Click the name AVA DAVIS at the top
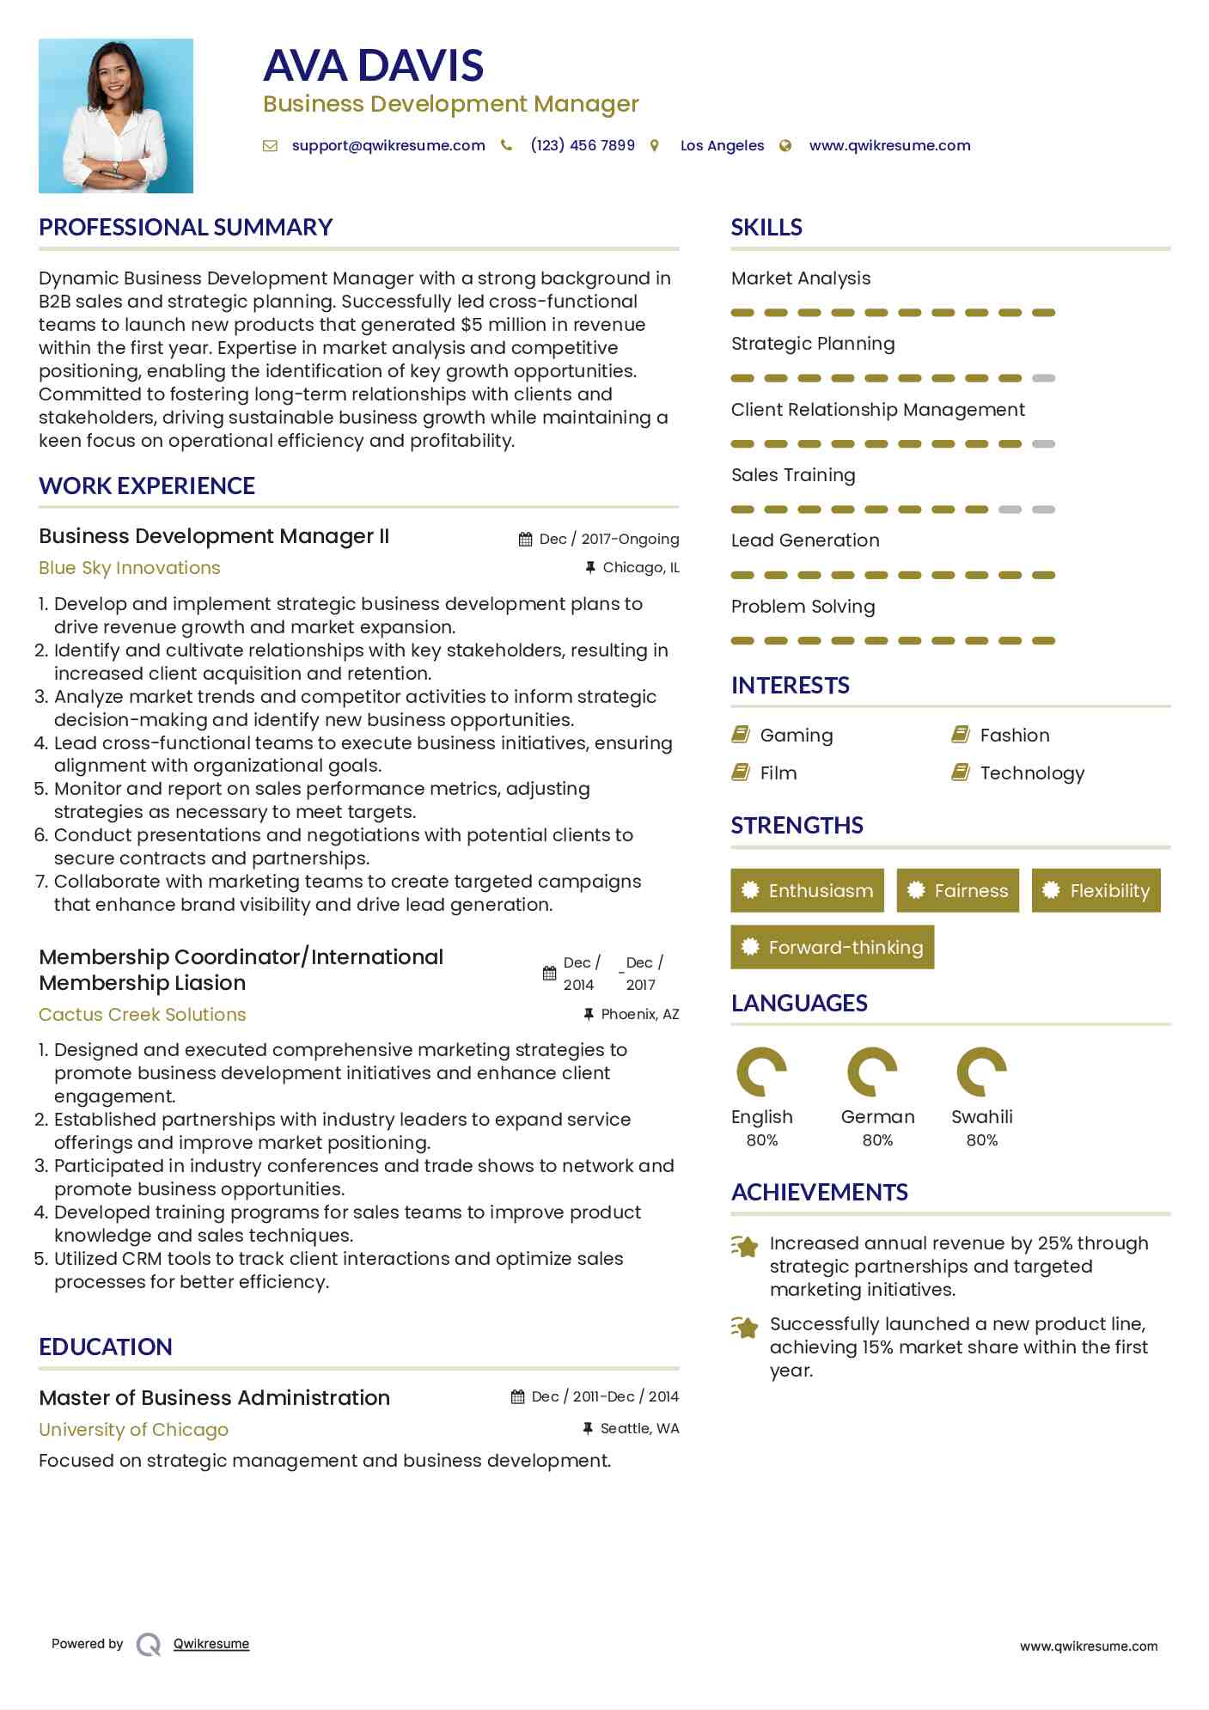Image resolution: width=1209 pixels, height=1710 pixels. pos(373,65)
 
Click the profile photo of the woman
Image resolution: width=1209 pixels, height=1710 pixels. pos(116,116)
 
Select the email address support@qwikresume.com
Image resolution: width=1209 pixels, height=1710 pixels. pos(388,145)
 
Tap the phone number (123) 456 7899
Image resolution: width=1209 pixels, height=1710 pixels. pos(583,145)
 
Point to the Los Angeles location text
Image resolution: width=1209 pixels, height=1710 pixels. pos(722,145)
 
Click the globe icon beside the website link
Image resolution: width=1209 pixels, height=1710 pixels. pos(785,146)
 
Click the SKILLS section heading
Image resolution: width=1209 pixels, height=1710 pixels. pos(766,227)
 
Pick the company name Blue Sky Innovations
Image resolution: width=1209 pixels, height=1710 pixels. pos(130,568)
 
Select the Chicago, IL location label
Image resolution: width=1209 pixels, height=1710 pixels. pos(640,567)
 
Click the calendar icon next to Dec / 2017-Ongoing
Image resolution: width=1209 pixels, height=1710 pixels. pos(526,540)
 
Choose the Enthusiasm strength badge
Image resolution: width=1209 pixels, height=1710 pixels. pos(807,890)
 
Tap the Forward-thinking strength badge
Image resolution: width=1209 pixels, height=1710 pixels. pos(832,947)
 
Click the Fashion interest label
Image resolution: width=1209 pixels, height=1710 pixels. pos(1015,735)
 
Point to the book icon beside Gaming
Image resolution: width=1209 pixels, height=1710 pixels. pos(741,735)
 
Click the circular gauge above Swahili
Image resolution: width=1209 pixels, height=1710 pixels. pos(981,1072)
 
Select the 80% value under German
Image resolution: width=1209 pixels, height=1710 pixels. pos(877,1140)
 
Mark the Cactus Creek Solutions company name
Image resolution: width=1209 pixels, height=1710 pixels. pos(143,1015)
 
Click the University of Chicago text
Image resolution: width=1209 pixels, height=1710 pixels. pos(134,1430)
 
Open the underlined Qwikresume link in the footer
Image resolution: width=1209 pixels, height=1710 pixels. pos(211,1644)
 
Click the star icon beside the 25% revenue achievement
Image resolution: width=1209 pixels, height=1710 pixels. pos(744,1246)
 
